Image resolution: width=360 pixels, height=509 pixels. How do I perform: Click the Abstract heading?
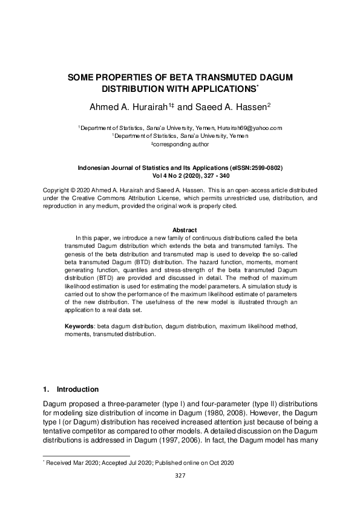(x=185, y=230)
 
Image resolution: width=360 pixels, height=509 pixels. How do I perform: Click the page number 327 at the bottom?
(x=180, y=476)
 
